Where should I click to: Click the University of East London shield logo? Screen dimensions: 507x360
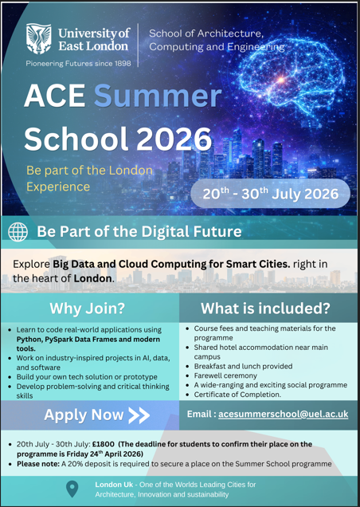41,37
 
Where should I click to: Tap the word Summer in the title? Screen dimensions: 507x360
158,96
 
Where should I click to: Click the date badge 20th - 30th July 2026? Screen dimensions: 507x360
270,194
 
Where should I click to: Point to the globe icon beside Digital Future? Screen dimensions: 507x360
18,232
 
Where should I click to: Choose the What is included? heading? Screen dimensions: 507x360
265,308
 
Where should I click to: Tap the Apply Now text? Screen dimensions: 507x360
84,415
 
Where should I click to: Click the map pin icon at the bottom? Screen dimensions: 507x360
72,488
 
